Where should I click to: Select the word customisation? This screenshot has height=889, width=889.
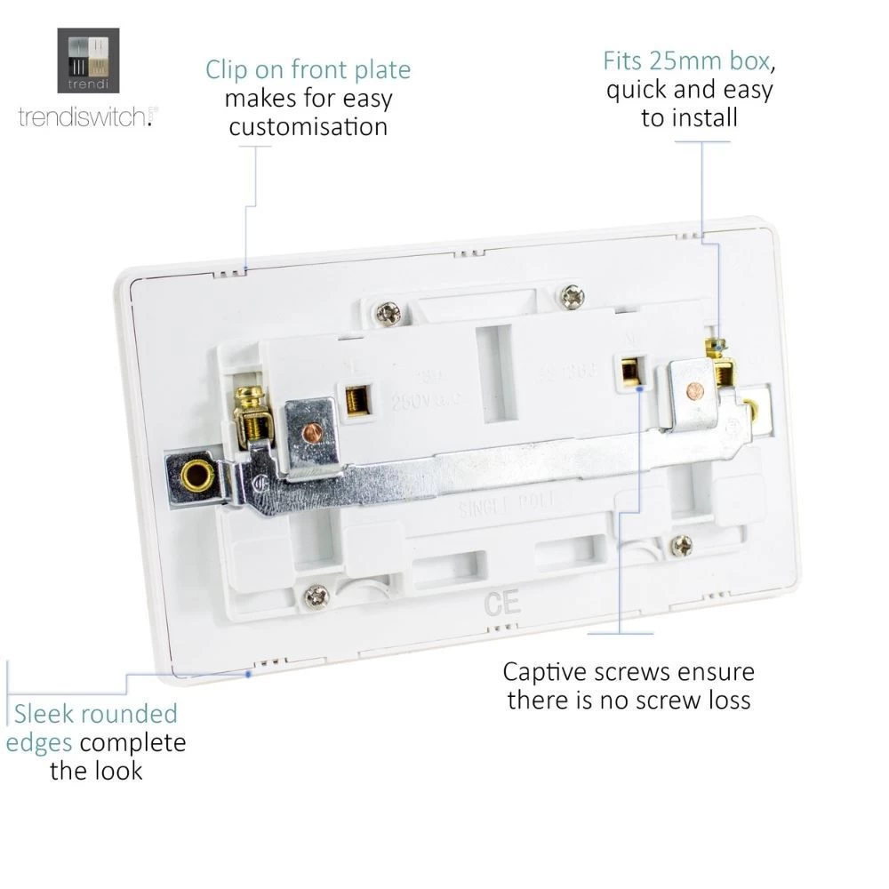pyautogui.click(x=308, y=127)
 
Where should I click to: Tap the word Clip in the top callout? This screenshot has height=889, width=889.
pyautogui.click(x=232, y=70)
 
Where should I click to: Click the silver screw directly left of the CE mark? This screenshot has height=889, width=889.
pyautogui.click(x=314, y=597)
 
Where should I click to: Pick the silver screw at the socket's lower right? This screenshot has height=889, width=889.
pyautogui.click(x=682, y=546)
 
